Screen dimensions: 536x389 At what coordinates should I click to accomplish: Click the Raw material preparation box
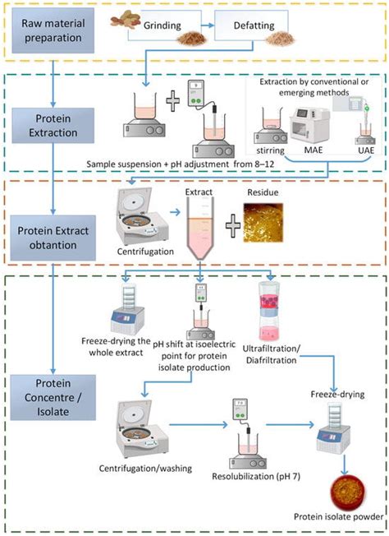click(x=55, y=30)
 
